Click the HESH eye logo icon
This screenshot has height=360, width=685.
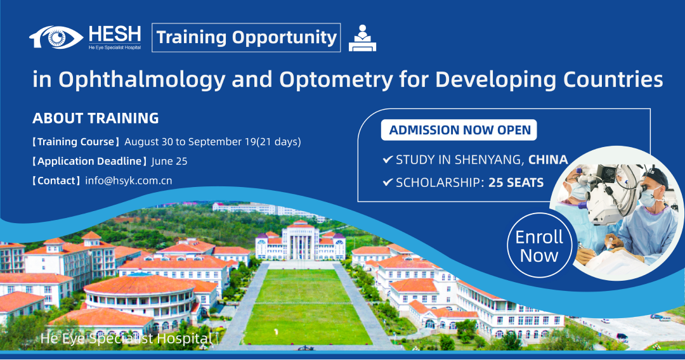click(x=56, y=37)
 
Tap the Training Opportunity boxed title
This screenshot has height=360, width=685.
click(x=246, y=37)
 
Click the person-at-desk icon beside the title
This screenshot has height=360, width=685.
click(x=362, y=39)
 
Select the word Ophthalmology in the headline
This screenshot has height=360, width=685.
click(x=142, y=80)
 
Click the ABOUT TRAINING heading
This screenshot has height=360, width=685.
click(x=96, y=119)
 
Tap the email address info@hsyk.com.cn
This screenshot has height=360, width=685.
click(x=128, y=181)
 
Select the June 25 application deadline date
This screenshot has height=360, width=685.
click(x=169, y=162)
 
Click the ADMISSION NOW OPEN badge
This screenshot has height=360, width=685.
click(x=459, y=130)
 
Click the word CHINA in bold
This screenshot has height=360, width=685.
click(x=548, y=160)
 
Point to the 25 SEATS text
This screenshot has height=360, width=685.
click(x=516, y=183)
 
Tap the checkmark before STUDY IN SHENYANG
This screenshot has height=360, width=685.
click(x=388, y=159)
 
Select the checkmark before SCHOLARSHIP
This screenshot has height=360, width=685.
click(x=388, y=182)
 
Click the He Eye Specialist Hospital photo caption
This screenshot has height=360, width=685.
click(x=126, y=338)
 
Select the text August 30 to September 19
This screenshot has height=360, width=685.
click(x=190, y=142)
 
